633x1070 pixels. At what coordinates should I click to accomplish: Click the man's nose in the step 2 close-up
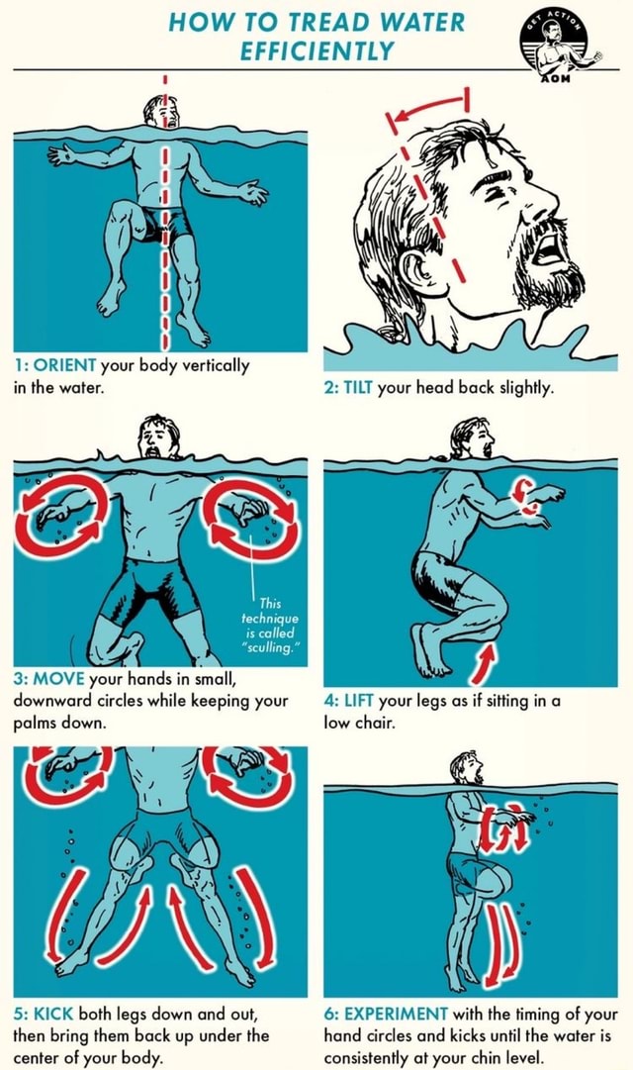pyautogui.click(x=542, y=205)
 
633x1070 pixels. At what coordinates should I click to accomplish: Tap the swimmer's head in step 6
pyautogui.click(x=465, y=767)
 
